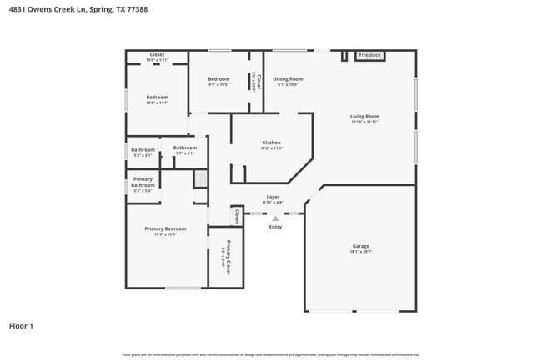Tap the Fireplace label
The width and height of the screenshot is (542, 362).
coord(369,55)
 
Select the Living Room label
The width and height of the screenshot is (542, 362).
coord(364,116)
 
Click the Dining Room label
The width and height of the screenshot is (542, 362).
coord(288,79)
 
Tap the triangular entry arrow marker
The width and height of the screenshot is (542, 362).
coord(275,219)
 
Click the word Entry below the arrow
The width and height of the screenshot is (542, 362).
coord(275,227)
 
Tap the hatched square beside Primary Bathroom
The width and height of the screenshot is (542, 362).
coord(200,178)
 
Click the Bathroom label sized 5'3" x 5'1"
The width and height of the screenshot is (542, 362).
coord(143,150)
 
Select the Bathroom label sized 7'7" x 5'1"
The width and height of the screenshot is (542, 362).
coord(184,148)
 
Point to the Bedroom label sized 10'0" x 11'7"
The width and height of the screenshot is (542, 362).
coord(157,97)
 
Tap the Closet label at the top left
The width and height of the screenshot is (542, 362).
coord(157,55)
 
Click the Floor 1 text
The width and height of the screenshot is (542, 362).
coord(22,325)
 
